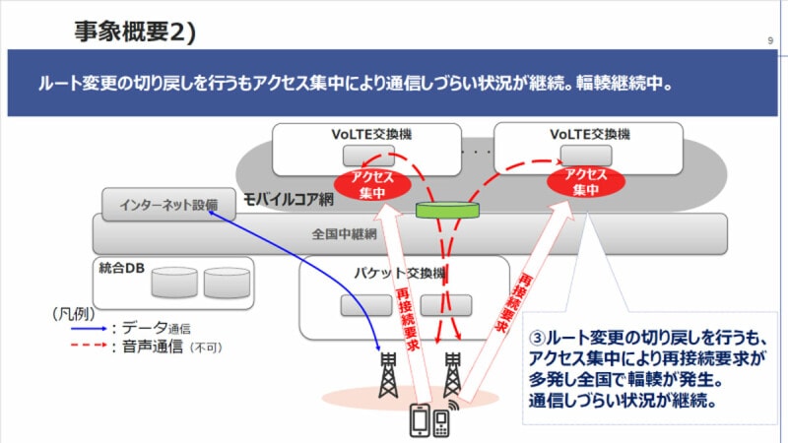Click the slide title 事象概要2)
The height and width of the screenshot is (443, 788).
pos(135,32)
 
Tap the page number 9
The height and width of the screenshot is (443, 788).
pos(767,40)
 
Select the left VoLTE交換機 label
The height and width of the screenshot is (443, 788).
pos(365,134)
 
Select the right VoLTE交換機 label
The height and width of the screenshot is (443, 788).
pos(589,134)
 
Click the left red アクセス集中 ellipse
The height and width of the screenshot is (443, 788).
pos(364,181)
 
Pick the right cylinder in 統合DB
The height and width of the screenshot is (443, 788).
pos(228,284)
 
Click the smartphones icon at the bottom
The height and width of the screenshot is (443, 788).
pos(430,419)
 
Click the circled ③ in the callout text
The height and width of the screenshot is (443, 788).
pos(538,335)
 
